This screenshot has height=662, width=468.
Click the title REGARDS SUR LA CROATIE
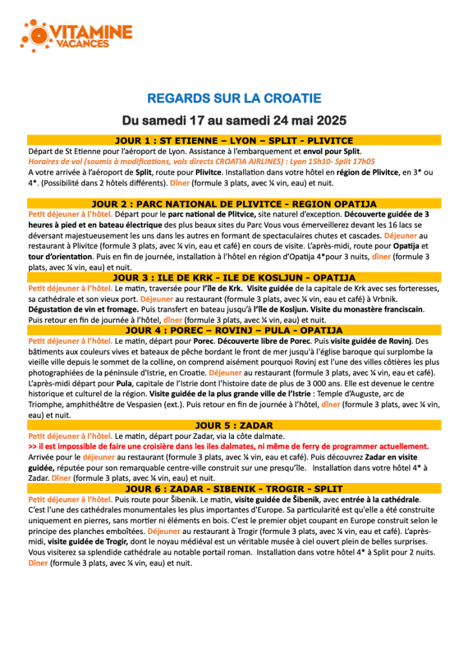coord(234,99)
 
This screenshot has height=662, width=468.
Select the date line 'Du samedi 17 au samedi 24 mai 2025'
coord(234,121)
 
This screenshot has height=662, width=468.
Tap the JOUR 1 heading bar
coord(234,140)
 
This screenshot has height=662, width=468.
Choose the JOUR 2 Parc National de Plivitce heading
coord(234,204)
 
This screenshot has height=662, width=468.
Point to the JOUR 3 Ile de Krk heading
coord(234,277)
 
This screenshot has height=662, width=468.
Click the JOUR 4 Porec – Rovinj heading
coord(234,330)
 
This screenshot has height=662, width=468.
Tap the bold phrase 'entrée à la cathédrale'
coord(374,499)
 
